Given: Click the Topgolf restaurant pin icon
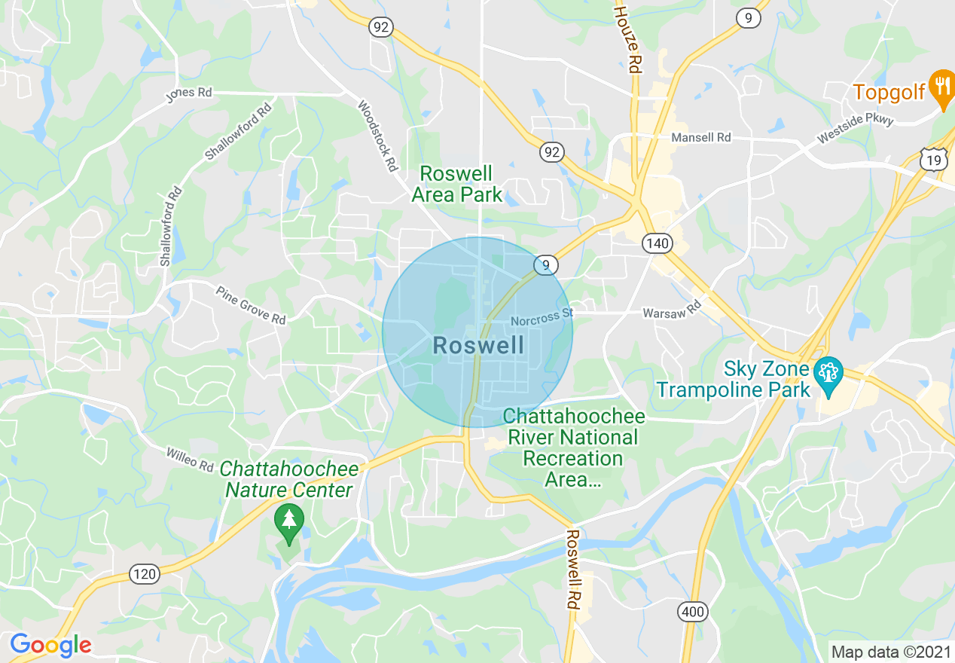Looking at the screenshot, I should (x=941, y=87).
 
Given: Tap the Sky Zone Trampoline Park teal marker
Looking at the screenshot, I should (x=829, y=375).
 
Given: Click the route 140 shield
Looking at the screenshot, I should (x=657, y=243).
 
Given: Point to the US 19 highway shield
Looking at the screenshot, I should (x=932, y=158).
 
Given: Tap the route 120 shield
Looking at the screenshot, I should (x=144, y=574).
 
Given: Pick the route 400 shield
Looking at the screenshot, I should (x=691, y=612).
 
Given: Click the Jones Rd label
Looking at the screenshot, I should (x=189, y=93).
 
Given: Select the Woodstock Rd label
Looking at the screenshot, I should (x=377, y=136).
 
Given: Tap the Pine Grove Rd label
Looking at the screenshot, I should (x=251, y=305).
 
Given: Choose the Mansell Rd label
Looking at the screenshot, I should (x=701, y=138).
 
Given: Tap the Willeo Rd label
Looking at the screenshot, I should (x=190, y=459).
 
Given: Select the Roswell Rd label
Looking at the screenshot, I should (x=572, y=569).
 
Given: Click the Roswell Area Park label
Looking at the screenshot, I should (x=456, y=184).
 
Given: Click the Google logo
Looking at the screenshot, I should (x=50, y=645).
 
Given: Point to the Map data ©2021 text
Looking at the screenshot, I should (x=889, y=651).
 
